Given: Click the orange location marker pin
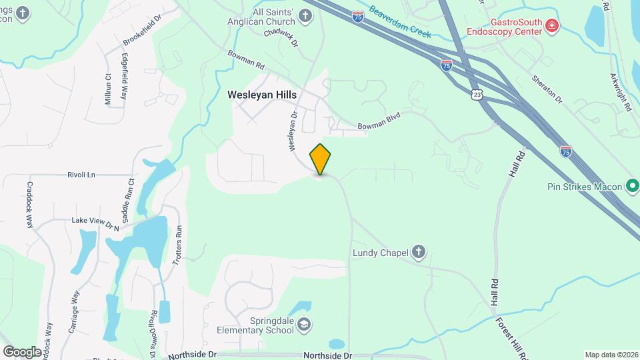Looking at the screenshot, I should pos(321,159).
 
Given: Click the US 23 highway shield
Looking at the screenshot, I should pos(476,95).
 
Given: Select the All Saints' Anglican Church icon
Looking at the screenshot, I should pos(305,16).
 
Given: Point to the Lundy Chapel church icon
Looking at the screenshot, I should pos(418,252).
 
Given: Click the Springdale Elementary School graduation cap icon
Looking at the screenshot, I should pos(304,324).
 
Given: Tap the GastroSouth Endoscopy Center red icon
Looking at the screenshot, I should pos(551,26).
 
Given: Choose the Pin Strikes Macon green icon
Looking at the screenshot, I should pos(631,186).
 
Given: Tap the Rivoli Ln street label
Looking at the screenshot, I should pos(81,175).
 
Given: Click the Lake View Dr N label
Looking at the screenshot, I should pos(95,224).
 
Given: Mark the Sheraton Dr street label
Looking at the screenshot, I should pos(547,89).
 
